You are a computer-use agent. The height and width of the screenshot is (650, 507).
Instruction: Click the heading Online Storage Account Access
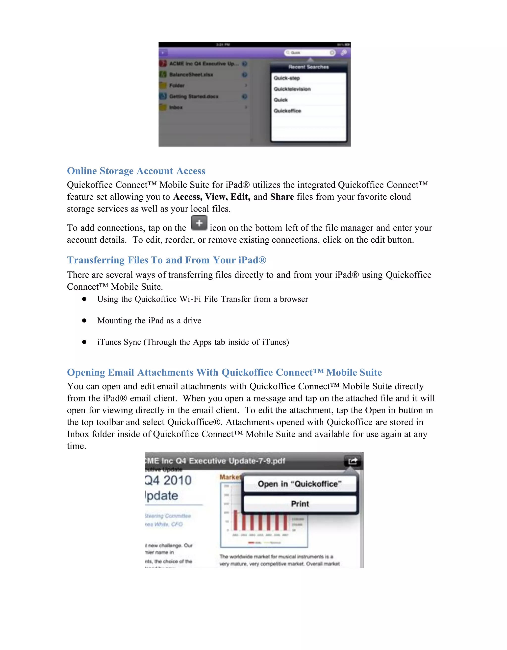tap(136, 171)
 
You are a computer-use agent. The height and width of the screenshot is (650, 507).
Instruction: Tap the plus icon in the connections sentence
tap(199, 223)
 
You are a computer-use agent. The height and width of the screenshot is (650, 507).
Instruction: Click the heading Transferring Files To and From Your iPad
tap(166, 260)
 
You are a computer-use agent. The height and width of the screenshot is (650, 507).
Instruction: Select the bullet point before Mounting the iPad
tap(84, 321)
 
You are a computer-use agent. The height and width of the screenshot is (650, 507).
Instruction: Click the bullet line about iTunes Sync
tap(193, 342)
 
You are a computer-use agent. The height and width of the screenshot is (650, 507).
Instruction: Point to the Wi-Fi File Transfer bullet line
tap(203, 299)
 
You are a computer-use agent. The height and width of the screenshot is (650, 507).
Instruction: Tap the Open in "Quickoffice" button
tap(300, 484)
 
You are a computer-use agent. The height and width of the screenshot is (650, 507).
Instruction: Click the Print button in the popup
tap(300, 504)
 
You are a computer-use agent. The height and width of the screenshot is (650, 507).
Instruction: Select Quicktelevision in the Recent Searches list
tap(292, 89)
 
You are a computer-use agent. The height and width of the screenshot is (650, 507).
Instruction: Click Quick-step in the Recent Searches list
tap(287, 78)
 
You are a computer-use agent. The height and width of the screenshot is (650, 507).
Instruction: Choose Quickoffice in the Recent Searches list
tap(287, 111)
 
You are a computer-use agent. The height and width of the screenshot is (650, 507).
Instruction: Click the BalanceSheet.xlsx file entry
tap(191, 74)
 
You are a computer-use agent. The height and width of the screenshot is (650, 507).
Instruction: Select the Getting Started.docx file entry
tap(194, 96)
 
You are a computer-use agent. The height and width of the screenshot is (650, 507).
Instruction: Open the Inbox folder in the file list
tap(176, 107)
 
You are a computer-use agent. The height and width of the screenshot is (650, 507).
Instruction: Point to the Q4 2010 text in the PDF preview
tap(168, 480)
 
